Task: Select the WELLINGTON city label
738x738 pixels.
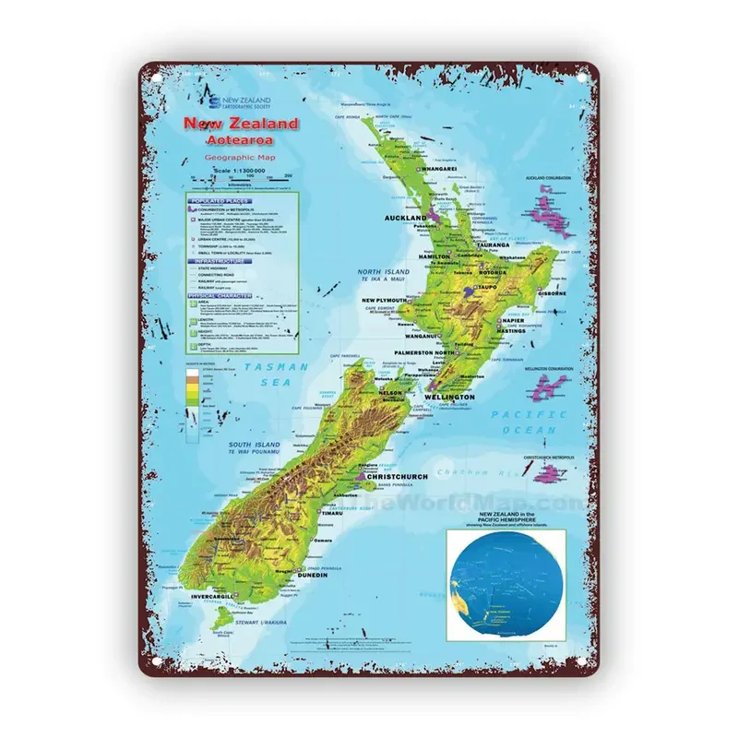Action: pos(449,397)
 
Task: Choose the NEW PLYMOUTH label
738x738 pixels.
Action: pos(384,300)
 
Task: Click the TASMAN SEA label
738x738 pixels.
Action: pos(281,374)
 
